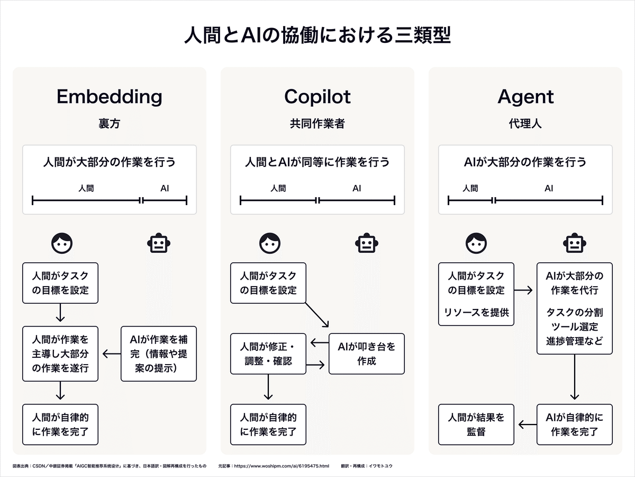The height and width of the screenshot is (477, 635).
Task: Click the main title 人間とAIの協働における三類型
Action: (x=317, y=36)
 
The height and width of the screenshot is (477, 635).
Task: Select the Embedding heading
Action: (x=109, y=97)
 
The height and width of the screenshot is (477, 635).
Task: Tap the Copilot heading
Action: (x=317, y=97)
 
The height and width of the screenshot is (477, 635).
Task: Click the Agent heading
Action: (x=525, y=97)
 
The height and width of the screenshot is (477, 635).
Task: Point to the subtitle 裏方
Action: (x=109, y=124)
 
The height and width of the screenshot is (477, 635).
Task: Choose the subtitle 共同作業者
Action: (x=317, y=124)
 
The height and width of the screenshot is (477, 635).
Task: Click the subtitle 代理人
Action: (x=525, y=124)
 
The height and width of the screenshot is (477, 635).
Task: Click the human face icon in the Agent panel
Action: (x=476, y=243)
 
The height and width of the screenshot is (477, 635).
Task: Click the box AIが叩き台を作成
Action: (x=366, y=354)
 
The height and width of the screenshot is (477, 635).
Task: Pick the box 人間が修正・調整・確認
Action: (x=268, y=354)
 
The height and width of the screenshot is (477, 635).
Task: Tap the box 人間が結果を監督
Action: (x=476, y=425)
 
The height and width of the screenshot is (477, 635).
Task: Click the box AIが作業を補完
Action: (x=159, y=354)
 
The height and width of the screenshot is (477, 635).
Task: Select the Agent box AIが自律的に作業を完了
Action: (x=575, y=425)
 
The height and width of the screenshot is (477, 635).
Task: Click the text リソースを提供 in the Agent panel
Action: (x=476, y=312)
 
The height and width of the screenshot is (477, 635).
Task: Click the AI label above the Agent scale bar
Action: (x=549, y=188)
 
